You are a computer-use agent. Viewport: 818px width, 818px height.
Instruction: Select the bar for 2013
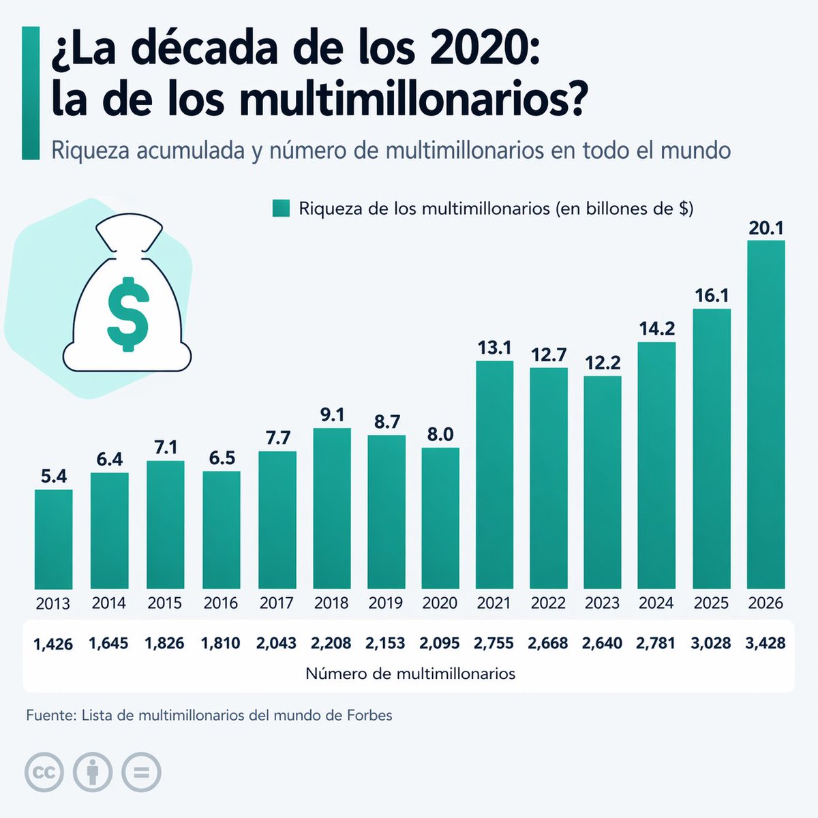[x=53, y=539]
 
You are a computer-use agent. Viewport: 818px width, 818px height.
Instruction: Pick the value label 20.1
[x=766, y=228]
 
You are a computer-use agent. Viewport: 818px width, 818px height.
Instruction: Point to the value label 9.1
[x=332, y=414]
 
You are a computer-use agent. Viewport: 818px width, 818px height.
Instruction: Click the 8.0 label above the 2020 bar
[x=440, y=434]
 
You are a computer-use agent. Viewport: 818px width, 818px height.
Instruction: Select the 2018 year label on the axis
[x=331, y=603]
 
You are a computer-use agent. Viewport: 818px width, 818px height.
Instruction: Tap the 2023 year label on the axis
[x=603, y=603]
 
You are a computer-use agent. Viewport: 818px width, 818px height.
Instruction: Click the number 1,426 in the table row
[x=53, y=643]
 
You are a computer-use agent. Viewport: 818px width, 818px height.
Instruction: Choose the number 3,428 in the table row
[x=766, y=643]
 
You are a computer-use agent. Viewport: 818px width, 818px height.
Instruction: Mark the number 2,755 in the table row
[x=494, y=643]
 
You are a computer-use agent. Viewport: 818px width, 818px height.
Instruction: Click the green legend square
[x=281, y=209]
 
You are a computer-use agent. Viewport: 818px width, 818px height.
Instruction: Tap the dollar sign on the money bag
[x=128, y=314]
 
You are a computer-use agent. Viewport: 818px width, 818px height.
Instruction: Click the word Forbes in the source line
[x=369, y=716]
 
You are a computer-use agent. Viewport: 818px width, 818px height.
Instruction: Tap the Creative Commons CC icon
[x=44, y=773]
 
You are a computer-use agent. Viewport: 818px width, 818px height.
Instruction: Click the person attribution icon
[x=93, y=773]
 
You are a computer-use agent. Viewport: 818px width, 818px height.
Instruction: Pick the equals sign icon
[x=141, y=773]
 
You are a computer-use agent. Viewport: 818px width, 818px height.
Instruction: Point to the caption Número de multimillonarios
[x=410, y=674]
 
